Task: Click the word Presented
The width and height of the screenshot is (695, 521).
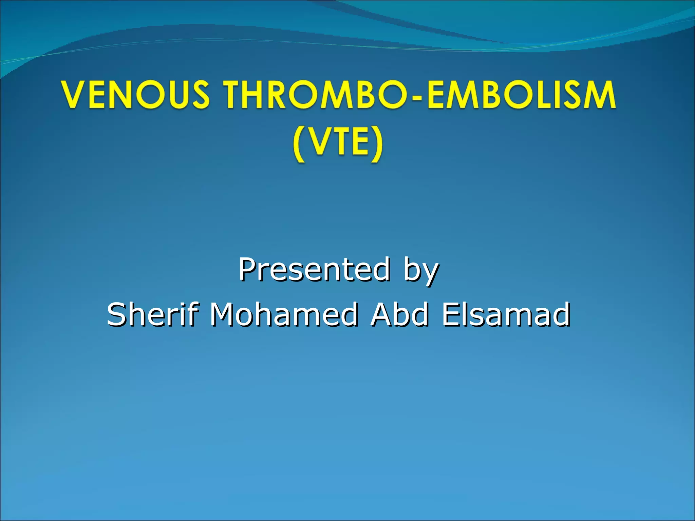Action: coord(314,270)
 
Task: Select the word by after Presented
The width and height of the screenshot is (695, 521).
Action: coord(421,271)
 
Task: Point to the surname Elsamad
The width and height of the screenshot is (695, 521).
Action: coord(506,314)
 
